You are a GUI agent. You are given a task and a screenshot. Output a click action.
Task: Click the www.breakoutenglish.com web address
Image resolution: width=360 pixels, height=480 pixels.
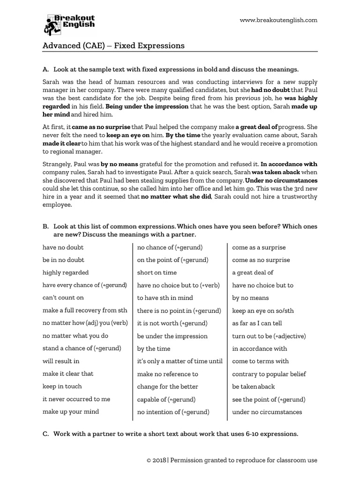coord(278,20)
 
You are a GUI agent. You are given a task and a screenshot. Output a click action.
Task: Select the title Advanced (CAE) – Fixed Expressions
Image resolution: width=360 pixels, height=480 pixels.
coord(113,45)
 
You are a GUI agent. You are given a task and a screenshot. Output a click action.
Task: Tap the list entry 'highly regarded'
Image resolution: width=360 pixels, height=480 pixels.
coord(65,272)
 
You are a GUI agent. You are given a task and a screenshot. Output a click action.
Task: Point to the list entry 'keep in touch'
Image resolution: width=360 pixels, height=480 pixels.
coord(62,386)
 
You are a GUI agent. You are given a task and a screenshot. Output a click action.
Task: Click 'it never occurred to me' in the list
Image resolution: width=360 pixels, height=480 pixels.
coord(76,399)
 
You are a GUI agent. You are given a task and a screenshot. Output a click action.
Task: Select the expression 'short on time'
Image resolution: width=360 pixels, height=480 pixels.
coord(157,272)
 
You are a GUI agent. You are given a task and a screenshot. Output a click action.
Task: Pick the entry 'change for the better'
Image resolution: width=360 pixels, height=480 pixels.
coord(167,386)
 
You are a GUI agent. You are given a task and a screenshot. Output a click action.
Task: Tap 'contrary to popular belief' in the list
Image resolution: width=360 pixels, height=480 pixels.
coord(269,374)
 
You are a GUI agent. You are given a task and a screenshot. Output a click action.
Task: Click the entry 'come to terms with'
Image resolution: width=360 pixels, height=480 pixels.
coord(260,361)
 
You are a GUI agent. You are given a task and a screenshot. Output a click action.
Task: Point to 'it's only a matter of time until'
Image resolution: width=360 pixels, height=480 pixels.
coord(180,361)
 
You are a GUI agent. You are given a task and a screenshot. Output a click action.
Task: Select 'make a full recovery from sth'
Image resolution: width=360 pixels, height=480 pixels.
coord(84,310)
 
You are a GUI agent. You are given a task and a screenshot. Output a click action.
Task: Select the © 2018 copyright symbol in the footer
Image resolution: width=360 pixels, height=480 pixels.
coord(148,461)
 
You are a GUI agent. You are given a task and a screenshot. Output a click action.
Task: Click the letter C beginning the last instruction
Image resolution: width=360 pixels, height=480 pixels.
coord(45,434)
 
